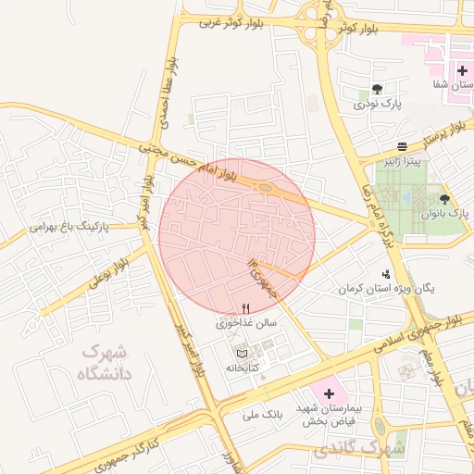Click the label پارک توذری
(377, 106)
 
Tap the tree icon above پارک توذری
(377, 90)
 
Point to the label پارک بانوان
(444, 214)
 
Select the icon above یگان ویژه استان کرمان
(385, 274)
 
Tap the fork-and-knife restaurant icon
(245, 309)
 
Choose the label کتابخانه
(243, 368)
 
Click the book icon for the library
(243, 353)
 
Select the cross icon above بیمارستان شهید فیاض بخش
(328, 393)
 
